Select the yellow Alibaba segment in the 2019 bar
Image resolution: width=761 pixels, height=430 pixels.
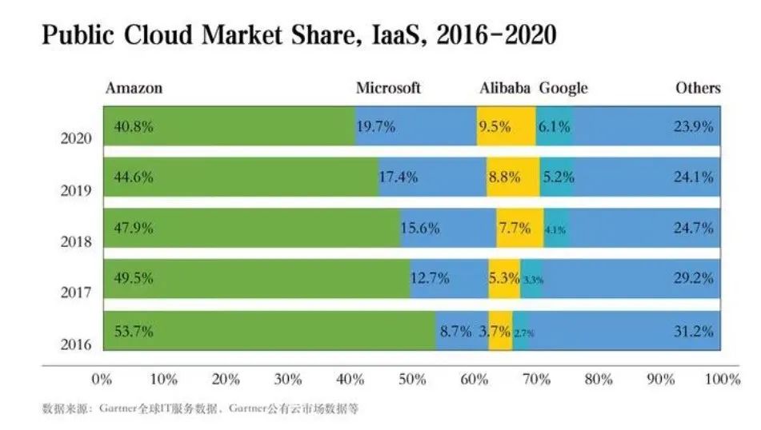(x=512, y=177)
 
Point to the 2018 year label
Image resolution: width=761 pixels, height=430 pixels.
(x=77, y=242)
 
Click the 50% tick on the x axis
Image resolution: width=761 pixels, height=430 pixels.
(x=411, y=380)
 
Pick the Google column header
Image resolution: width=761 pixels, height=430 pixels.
(x=563, y=88)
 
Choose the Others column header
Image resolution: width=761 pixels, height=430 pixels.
(x=698, y=88)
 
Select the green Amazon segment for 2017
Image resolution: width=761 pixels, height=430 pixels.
(x=256, y=279)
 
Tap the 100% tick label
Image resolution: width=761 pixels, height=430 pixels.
(x=723, y=380)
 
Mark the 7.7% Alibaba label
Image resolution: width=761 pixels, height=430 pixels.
(x=515, y=228)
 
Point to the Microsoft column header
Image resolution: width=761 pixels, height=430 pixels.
(x=388, y=88)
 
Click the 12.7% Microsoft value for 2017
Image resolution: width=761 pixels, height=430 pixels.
(x=430, y=279)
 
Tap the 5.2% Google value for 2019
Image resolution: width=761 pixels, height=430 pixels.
(x=558, y=177)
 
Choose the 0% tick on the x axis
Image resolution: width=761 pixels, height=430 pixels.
(x=102, y=380)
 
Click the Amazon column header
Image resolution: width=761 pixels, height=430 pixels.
(x=134, y=88)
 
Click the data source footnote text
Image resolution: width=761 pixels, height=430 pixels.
(x=200, y=408)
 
